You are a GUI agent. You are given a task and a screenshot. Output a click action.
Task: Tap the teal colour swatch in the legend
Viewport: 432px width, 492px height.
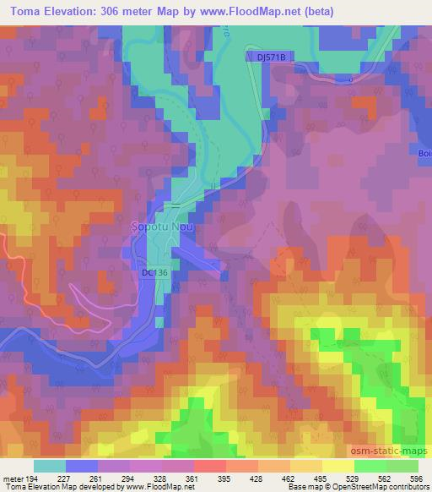pos(50,466)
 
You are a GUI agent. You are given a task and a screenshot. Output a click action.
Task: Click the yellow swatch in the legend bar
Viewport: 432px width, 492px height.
pos(337,466)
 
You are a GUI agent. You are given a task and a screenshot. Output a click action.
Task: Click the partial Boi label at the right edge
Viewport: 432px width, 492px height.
pos(424,153)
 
